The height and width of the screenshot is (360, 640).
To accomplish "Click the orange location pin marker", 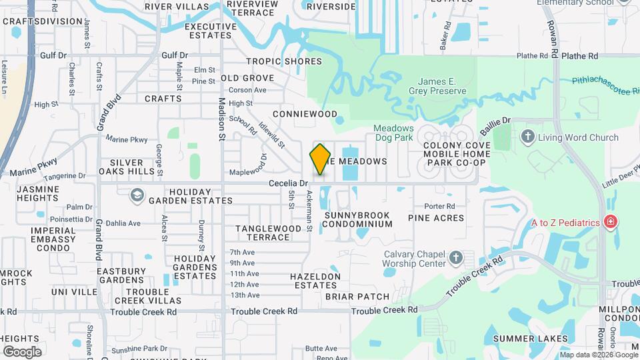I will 320,159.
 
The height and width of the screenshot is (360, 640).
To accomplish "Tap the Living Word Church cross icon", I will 527,138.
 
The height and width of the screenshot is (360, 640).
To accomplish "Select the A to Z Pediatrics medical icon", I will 609,222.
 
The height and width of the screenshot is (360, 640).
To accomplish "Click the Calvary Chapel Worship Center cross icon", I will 455,258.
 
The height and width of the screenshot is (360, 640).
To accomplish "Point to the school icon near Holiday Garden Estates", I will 137,195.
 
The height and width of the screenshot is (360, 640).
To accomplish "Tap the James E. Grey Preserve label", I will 437,85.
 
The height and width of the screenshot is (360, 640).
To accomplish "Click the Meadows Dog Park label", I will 393,133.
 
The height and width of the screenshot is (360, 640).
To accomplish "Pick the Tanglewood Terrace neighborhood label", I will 269,233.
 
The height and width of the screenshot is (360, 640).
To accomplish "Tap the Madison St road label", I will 223,110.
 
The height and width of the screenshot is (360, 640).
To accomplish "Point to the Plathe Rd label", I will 579,57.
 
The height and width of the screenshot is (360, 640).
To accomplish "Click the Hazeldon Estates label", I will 315,281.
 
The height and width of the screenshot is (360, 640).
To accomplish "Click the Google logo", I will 22,351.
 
